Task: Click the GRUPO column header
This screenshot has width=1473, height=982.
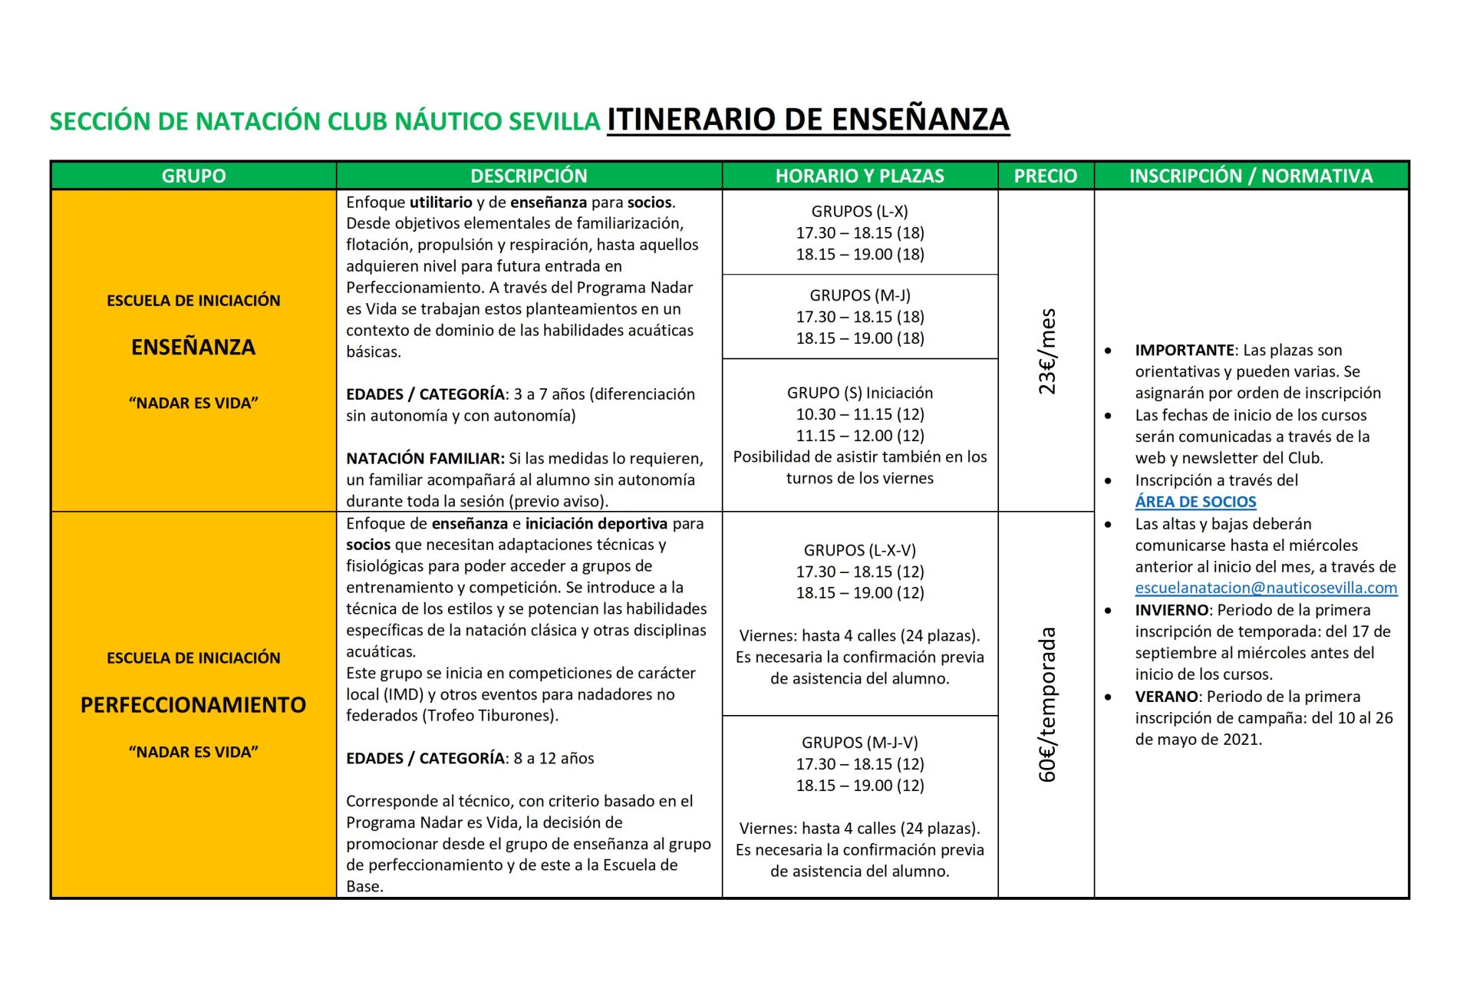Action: pos(193,176)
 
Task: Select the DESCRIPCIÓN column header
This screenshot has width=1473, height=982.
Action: pos(529,176)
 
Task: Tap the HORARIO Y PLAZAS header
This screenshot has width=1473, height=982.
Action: pos(859,176)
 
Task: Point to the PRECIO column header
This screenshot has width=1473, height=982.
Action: pos(1045,176)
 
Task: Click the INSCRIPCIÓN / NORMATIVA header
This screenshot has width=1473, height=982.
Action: pos(1251,176)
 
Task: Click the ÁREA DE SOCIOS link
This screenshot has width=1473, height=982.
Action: pos(1195,502)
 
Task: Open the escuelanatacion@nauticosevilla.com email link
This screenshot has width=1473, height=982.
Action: pos(1266,588)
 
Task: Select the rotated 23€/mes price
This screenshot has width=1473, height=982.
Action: pos(1047,351)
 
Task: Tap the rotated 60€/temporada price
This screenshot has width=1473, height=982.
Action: pos(1047,704)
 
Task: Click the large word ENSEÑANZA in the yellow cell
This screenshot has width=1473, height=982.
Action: pos(193,348)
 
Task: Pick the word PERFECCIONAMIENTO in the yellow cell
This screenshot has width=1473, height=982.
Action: pos(193,705)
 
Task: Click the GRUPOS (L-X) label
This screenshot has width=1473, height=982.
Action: pos(859,211)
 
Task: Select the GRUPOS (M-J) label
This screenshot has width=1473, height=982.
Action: pos(859,295)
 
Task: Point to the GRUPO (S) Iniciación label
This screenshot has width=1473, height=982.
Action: pos(859,393)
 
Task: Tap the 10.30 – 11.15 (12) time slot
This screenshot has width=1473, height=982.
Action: pos(859,414)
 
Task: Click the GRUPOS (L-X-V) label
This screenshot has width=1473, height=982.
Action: pos(859,550)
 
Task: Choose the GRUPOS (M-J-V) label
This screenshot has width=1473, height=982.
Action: pos(859,743)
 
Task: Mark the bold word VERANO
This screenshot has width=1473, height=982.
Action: pos(1166,697)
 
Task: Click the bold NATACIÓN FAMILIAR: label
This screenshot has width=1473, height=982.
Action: pos(425,459)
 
